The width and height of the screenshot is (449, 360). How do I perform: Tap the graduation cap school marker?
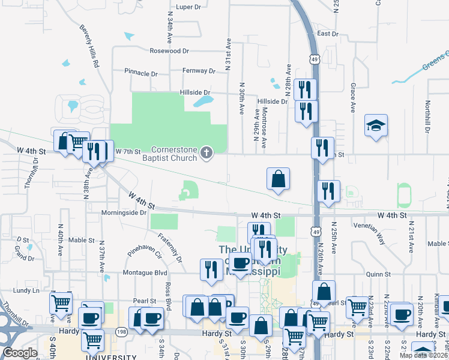pyautogui.click(x=376, y=126)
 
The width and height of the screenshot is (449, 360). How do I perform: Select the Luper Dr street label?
pyautogui.click(x=188, y=8)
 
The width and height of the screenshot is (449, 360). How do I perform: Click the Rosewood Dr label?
pyautogui.click(x=169, y=52)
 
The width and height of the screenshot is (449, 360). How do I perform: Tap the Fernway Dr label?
pyautogui.click(x=199, y=71)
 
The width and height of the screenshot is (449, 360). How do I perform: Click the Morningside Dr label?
pyautogui.click(x=126, y=212)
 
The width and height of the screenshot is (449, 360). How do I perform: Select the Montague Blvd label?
pyautogui.click(x=144, y=272)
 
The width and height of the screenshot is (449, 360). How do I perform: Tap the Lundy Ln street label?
pyautogui.click(x=28, y=290)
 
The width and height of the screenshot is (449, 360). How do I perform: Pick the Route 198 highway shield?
pyautogui.click(x=122, y=331)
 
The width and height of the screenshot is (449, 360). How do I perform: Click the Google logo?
pyautogui.click(x=20, y=353)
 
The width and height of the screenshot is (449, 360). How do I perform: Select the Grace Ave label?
pyautogui.click(x=353, y=97)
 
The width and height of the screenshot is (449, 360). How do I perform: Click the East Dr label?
pyautogui.click(x=328, y=34)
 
